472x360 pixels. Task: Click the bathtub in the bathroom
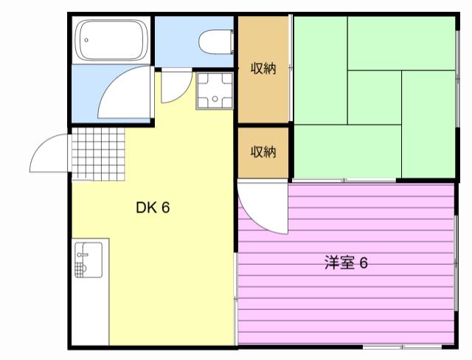click(x=111, y=40)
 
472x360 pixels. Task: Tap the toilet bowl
click(x=215, y=42)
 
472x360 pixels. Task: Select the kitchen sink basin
click(x=88, y=260)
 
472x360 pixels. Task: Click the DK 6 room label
click(x=153, y=207)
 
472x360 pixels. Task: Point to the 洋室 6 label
click(x=346, y=263)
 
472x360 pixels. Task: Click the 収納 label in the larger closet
click(x=263, y=69)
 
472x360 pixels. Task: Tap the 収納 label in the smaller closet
click(x=263, y=152)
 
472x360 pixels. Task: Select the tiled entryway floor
click(x=98, y=154)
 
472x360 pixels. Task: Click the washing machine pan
click(x=215, y=91)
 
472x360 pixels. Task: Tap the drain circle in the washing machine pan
click(x=215, y=99)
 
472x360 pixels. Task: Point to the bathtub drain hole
click(x=86, y=40)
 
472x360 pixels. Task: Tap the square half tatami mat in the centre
click(x=375, y=97)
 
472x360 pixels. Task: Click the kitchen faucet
click(x=82, y=255)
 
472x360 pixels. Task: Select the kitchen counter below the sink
click(x=90, y=312)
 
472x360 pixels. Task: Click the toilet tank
click(x=232, y=42)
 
